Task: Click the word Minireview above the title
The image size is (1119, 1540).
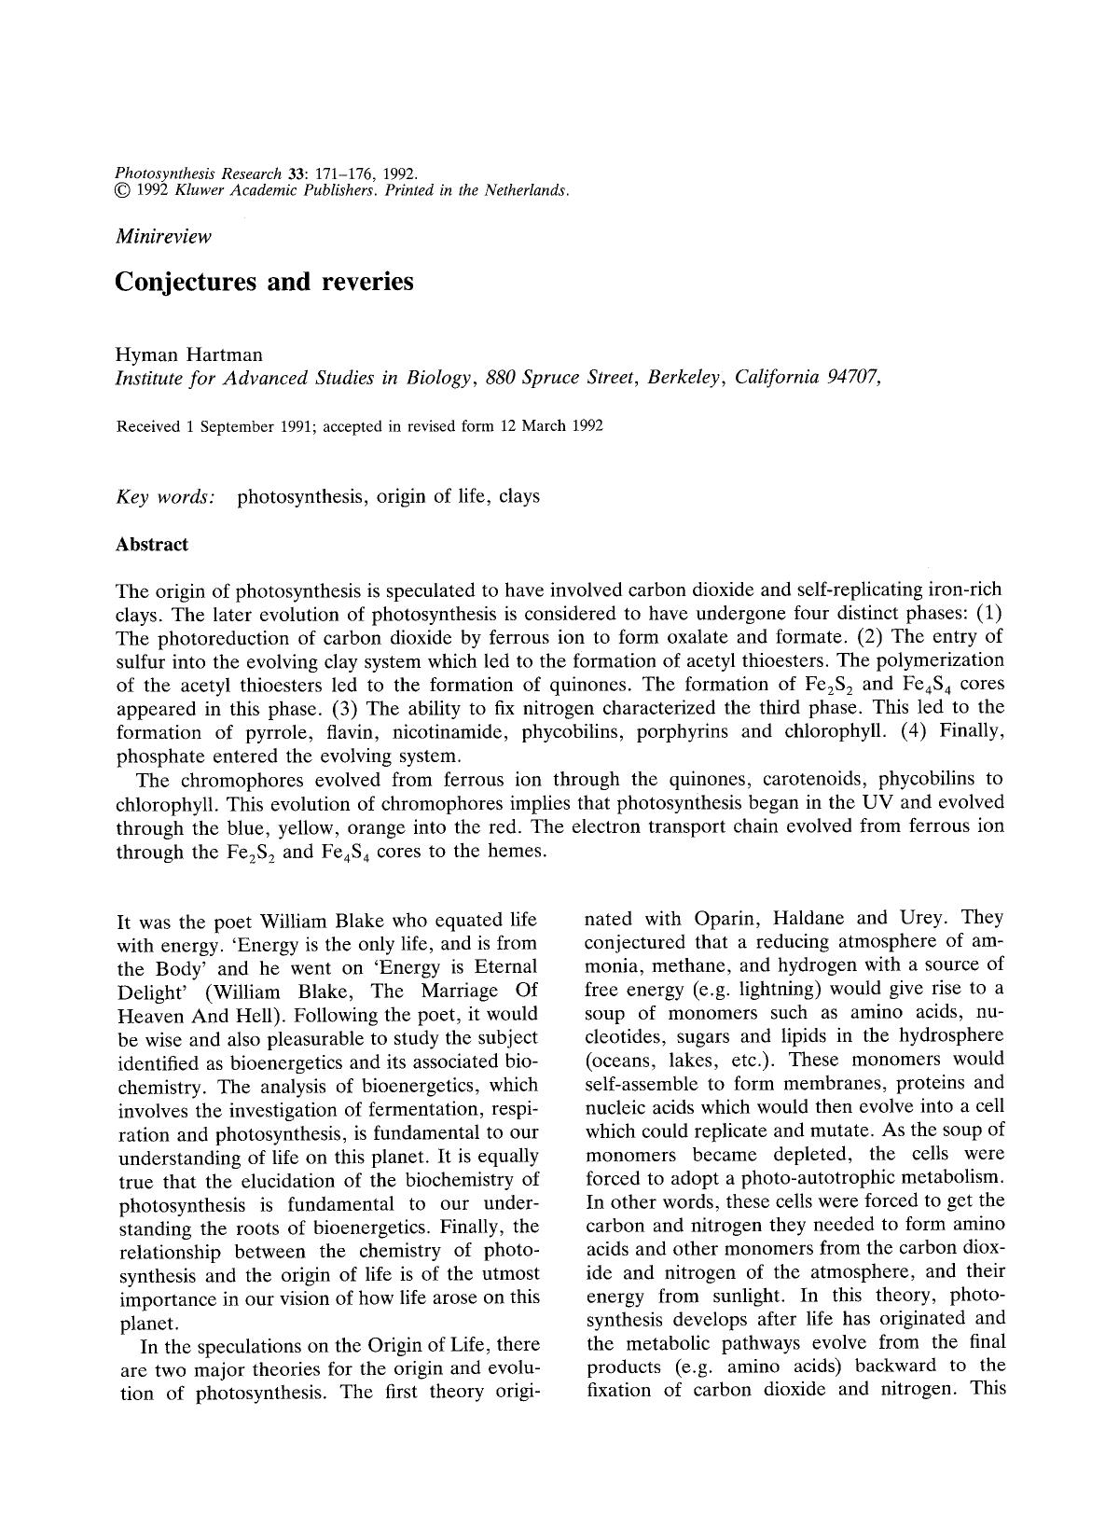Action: pos(163,236)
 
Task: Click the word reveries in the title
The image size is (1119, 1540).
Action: pos(366,282)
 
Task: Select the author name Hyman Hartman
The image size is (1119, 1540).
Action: pos(188,354)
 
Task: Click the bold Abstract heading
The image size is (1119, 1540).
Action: pos(151,544)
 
